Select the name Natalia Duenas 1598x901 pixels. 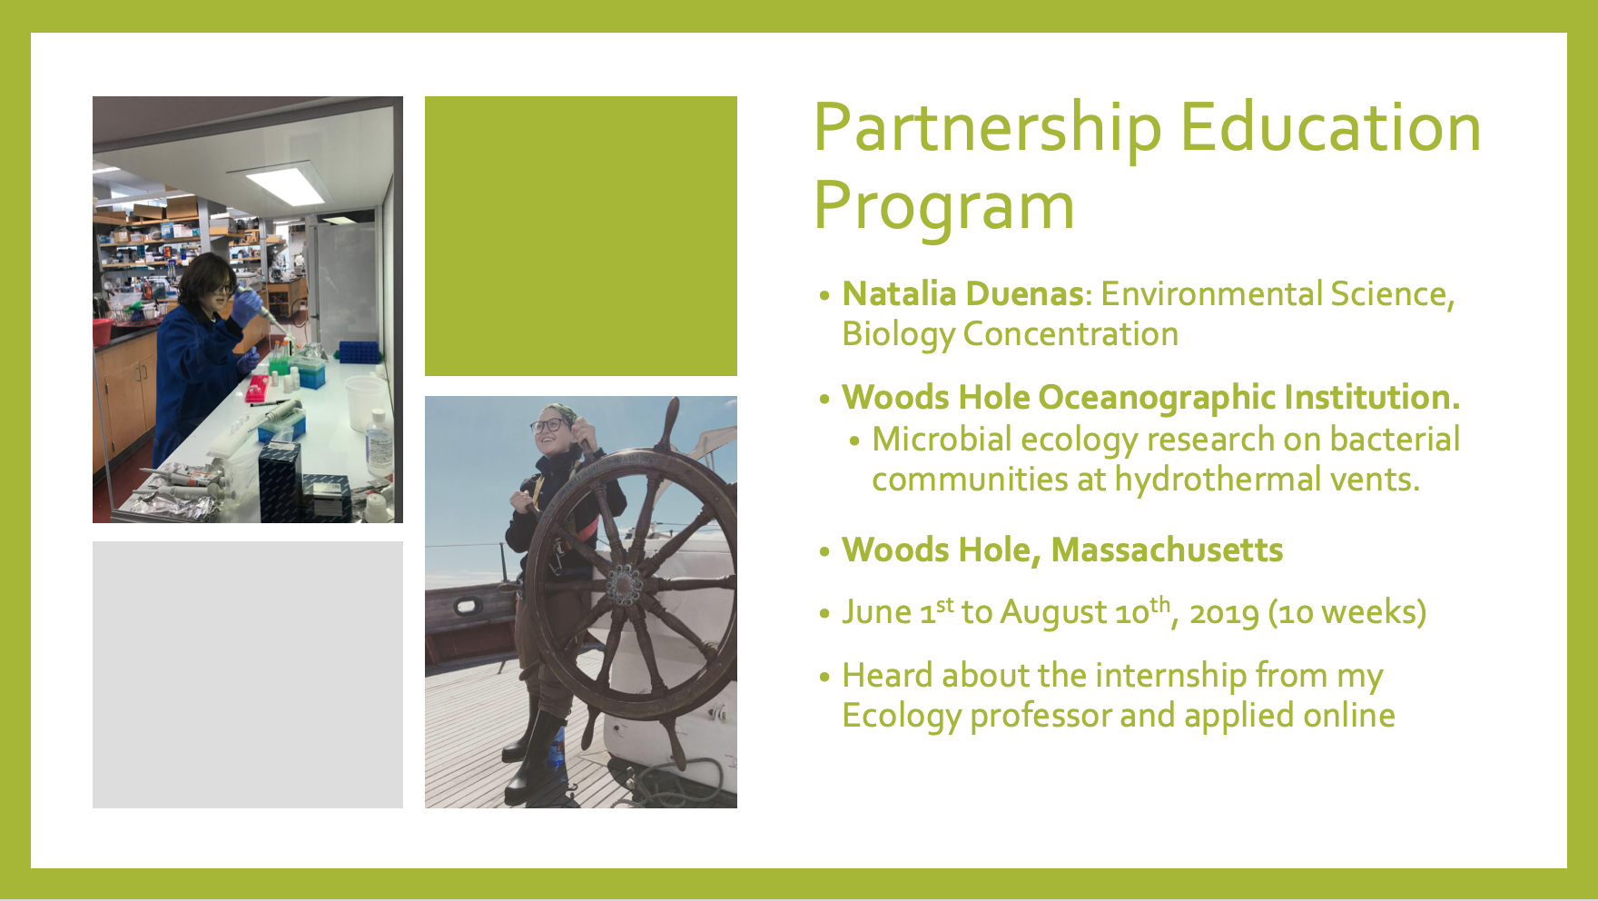pyautogui.click(x=962, y=294)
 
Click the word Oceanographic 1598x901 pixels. pyautogui.click(x=1157, y=399)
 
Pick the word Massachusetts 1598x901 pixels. pyautogui.click(x=1167, y=550)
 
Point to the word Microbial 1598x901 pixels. pyautogui.click(x=942, y=440)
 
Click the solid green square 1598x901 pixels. pyautogui.click(x=581, y=236)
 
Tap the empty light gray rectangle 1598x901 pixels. pyautogui.click(x=248, y=675)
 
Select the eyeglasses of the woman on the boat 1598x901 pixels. pyautogui.click(x=547, y=424)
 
